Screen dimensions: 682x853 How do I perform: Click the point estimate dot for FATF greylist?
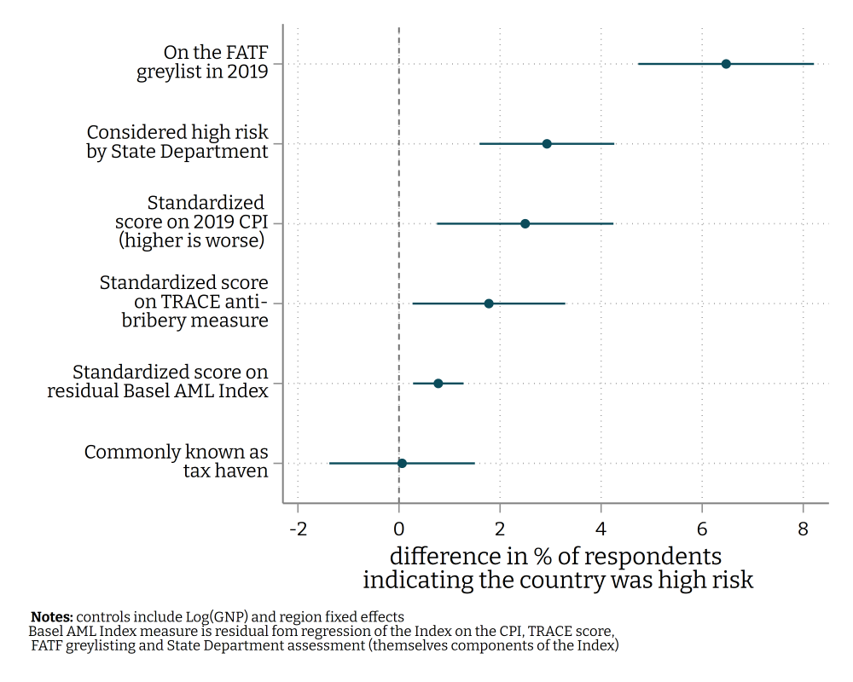click(x=726, y=64)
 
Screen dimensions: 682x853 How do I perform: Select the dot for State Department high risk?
click(x=547, y=144)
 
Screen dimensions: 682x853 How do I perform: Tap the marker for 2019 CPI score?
click(x=525, y=223)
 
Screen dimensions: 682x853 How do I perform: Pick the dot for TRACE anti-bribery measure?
click(x=489, y=303)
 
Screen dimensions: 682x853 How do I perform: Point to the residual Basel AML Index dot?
click(x=438, y=384)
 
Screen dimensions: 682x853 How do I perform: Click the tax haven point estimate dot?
click(x=402, y=463)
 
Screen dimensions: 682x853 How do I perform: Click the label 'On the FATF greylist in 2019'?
click(x=203, y=62)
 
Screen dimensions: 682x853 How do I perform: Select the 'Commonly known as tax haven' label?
click(x=177, y=461)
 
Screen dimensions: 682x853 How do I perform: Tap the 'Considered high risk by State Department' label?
click(x=177, y=142)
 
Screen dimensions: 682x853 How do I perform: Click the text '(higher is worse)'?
click(x=191, y=241)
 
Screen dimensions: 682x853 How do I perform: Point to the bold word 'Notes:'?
click(x=52, y=616)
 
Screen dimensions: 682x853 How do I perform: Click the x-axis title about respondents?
click(x=558, y=568)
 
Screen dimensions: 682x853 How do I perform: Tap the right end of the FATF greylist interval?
click(x=813, y=64)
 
